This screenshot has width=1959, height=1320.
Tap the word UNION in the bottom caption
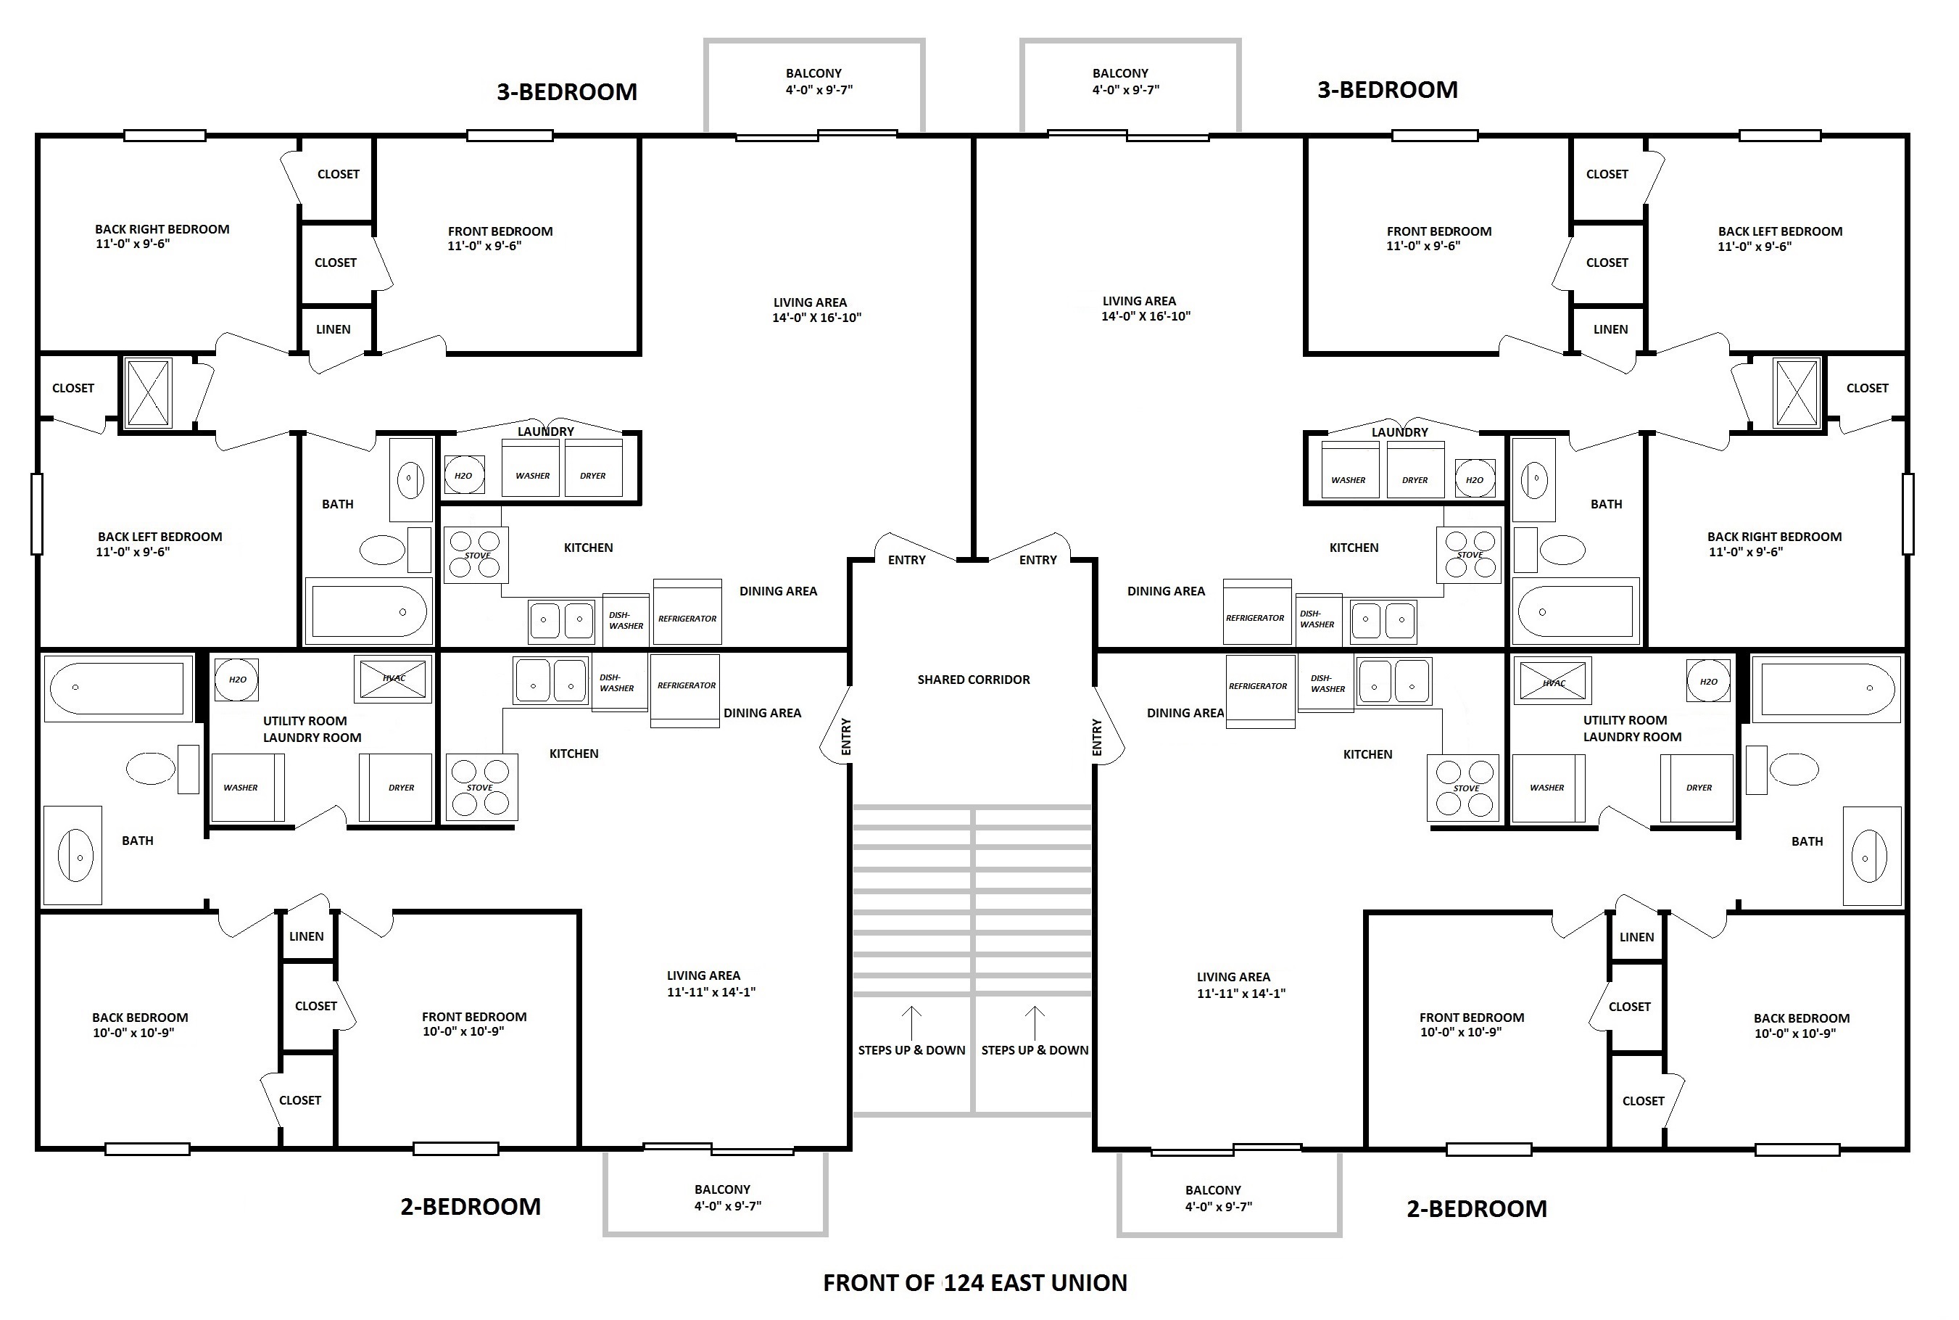click(x=1091, y=1283)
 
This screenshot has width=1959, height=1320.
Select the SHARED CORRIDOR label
click(x=974, y=680)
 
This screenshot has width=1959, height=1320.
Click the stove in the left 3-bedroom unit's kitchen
click(x=476, y=555)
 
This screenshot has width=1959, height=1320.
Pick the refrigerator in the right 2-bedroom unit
click(x=1259, y=690)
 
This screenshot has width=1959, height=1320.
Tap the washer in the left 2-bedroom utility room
click(x=247, y=787)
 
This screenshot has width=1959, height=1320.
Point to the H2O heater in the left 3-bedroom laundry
click(x=464, y=476)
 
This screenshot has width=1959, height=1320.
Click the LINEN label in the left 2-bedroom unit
click(x=306, y=936)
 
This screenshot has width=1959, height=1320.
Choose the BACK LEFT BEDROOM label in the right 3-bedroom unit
click(x=1780, y=231)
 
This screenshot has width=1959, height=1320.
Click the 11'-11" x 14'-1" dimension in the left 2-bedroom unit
click(x=711, y=991)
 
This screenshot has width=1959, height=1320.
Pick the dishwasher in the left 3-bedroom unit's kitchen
click(x=625, y=620)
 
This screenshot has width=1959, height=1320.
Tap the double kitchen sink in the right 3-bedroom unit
click(x=1383, y=620)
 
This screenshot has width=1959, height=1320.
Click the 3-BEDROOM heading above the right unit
click(x=1388, y=90)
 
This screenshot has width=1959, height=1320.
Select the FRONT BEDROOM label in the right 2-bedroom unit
click(x=1472, y=1017)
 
